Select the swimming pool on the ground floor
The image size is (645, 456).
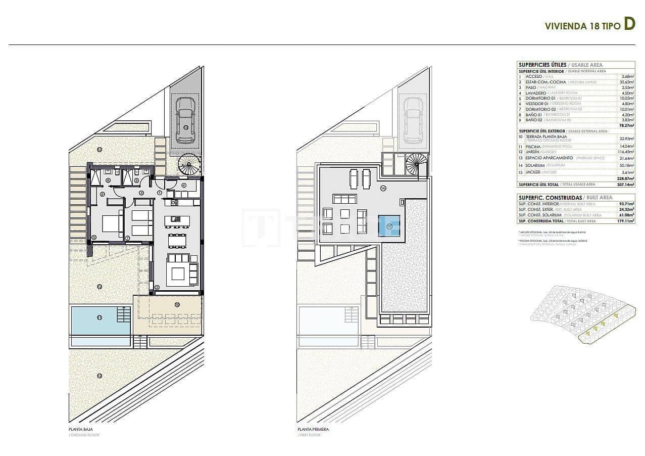100,320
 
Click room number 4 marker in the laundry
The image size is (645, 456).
183,185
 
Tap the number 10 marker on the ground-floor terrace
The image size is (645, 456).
177,304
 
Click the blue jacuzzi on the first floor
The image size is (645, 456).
389,226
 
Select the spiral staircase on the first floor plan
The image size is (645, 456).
416,164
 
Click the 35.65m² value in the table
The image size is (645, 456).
627,82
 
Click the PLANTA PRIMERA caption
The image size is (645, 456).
313,429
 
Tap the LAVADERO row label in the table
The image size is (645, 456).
536,93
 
